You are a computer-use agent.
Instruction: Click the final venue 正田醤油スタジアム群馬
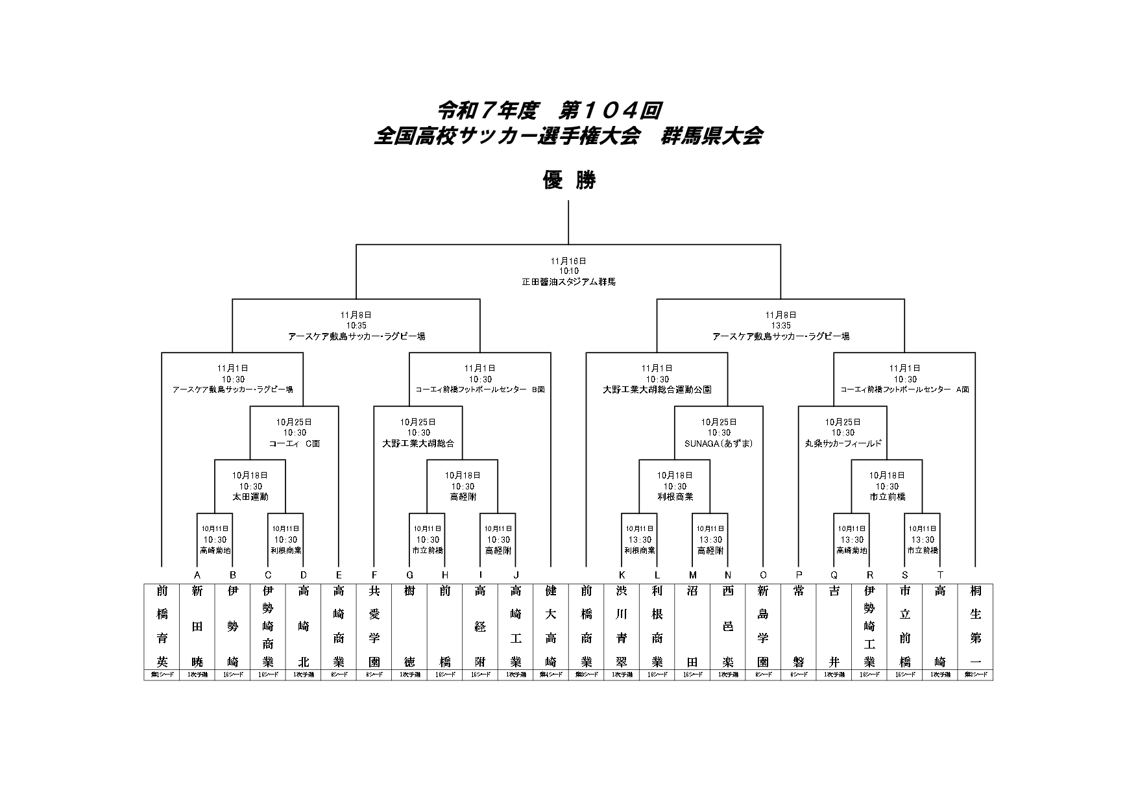tap(568, 282)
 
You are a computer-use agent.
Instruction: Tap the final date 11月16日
tap(568, 260)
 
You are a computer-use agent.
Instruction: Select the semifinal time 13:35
tap(781, 326)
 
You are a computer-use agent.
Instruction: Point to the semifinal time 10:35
tap(356, 326)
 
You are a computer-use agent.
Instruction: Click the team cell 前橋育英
tap(162, 626)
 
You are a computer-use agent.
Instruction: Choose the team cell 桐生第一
tap(975, 626)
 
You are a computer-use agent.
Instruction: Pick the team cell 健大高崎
tap(551, 626)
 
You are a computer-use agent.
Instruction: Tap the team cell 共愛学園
tap(374, 626)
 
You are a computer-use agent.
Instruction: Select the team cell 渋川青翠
tap(622, 626)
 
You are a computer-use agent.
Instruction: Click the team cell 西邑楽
tap(728, 626)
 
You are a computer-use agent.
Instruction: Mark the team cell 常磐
tap(799, 626)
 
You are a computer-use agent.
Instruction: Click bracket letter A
tap(197, 575)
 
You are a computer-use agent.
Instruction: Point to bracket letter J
tap(516, 575)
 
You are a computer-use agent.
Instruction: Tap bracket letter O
tap(763, 575)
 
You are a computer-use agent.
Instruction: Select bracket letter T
tap(940, 575)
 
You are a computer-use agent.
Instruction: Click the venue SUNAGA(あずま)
tap(719, 444)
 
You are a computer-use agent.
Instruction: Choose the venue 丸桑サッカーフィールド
tap(843, 444)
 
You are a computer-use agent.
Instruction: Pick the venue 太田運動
tap(250, 497)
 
